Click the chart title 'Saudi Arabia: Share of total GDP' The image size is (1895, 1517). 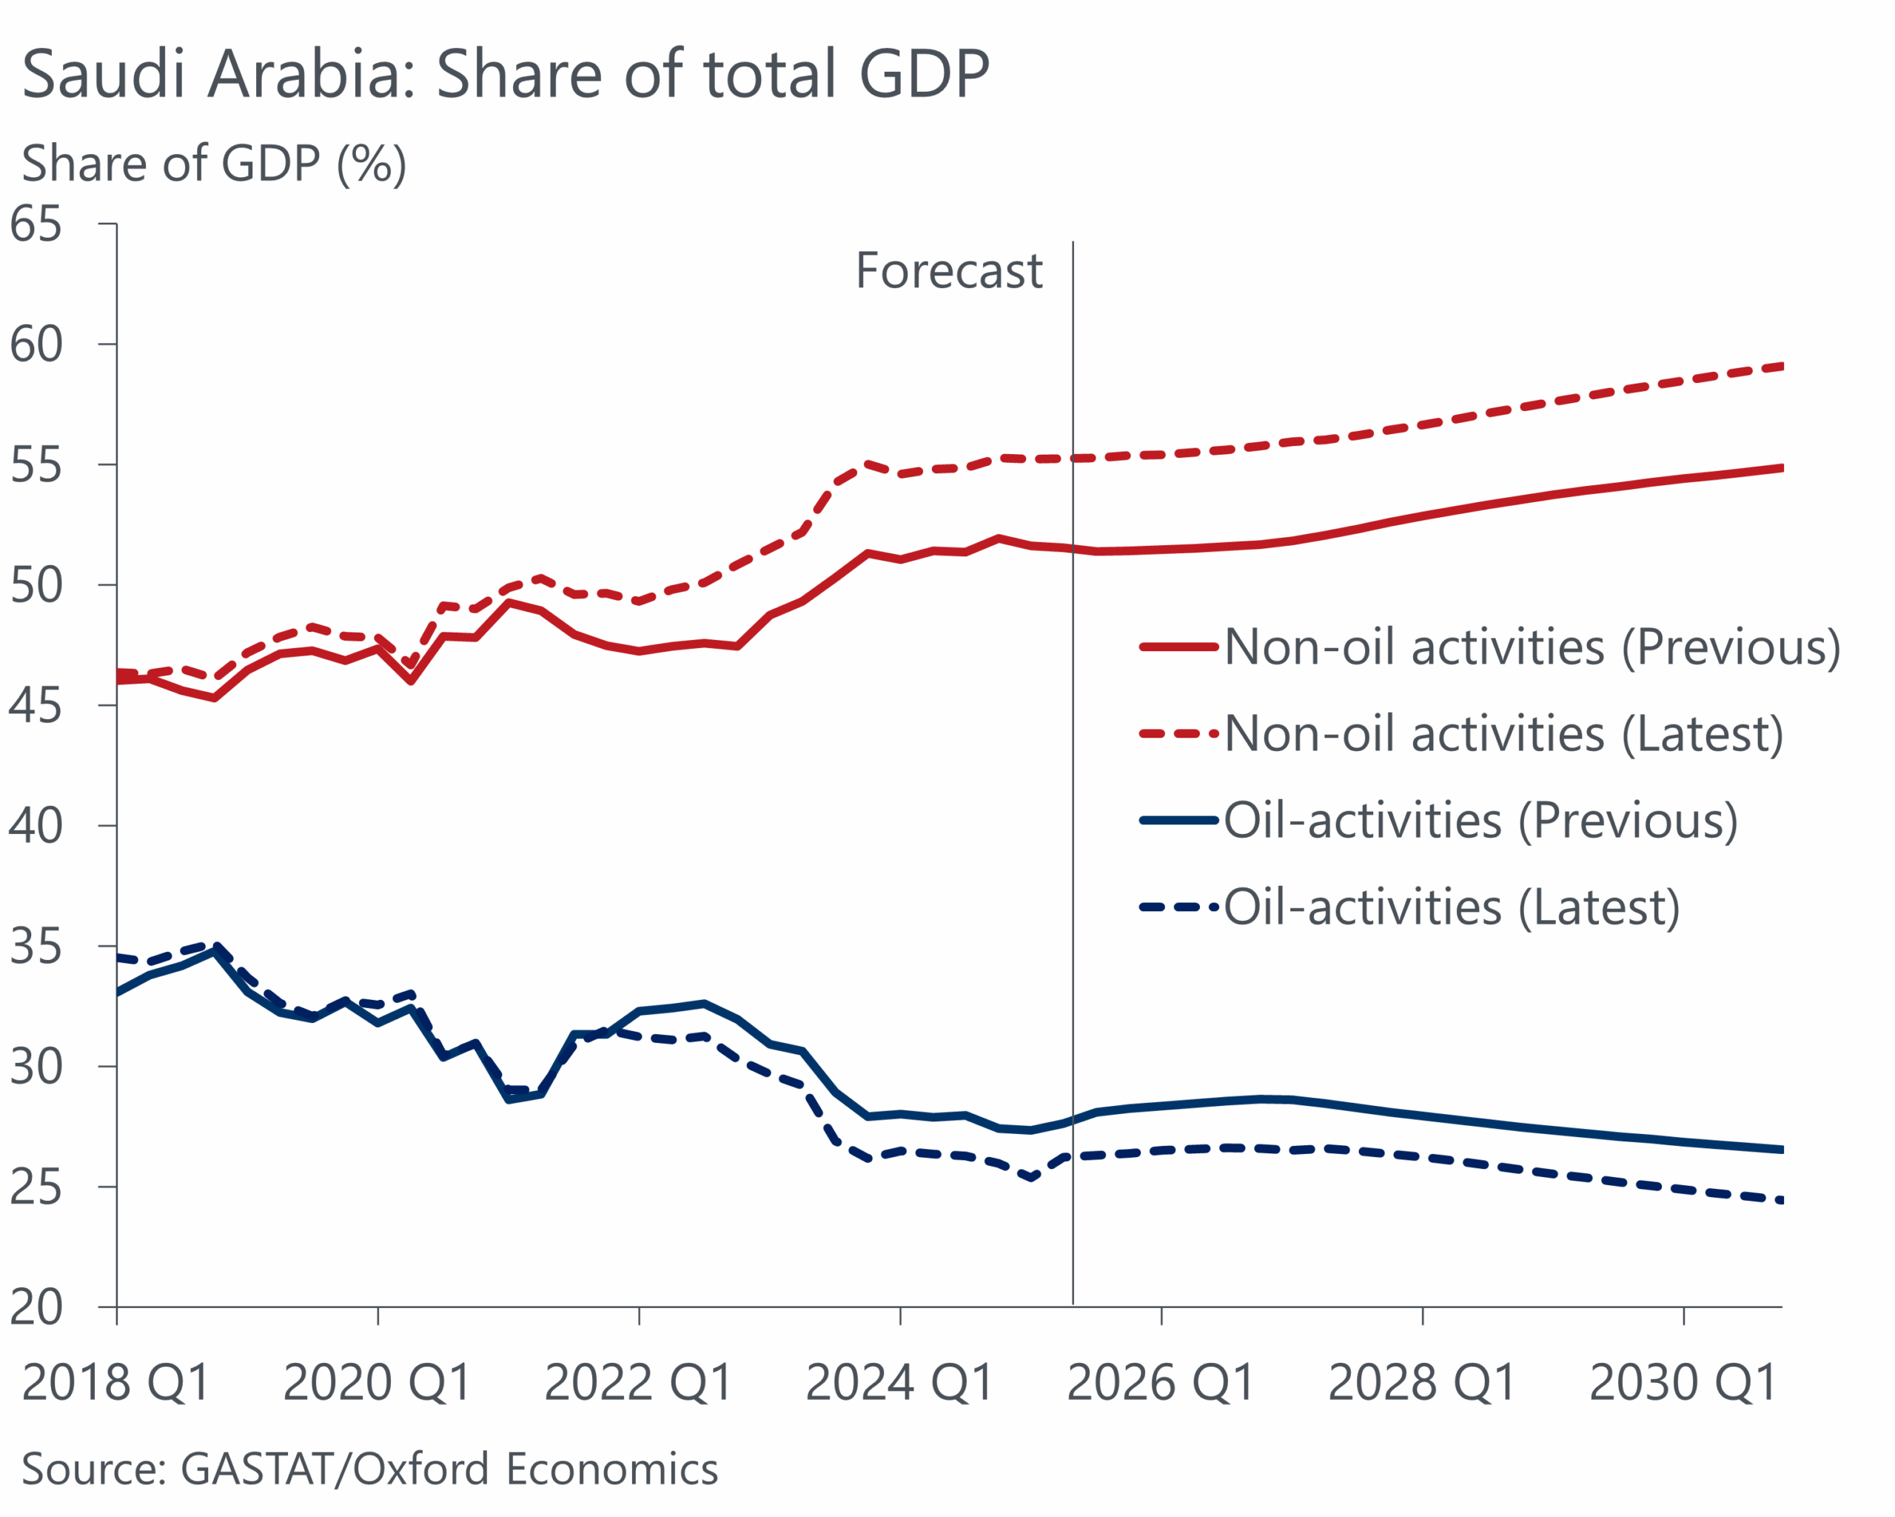point(506,74)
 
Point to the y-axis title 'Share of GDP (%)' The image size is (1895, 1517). point(214,164)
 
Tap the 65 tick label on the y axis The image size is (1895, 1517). point(36,224)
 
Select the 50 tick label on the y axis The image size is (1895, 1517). point(36,586)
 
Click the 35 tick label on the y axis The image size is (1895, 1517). point(36,947)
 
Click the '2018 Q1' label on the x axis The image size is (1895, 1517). point(116,1384)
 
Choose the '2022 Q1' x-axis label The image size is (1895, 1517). point(639,1384)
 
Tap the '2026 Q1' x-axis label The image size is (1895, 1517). point(1161,1384)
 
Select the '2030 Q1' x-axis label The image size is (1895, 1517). point(1684,1384)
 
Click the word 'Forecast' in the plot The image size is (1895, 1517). point(948,271)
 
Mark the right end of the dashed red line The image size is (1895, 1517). point(1781,366)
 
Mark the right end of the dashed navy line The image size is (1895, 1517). point(1781,1201)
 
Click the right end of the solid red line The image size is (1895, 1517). point(1781,468)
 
